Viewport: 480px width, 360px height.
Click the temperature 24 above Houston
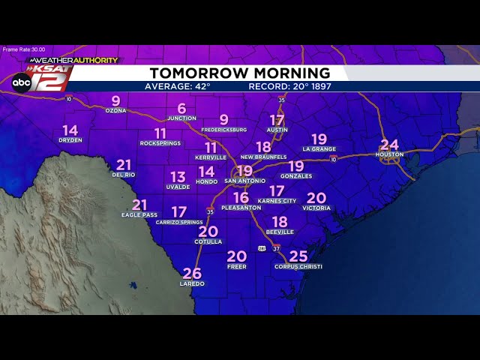[x=389, y=145]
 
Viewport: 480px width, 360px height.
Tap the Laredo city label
[x=192, y=284]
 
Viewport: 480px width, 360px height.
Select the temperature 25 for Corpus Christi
[x=298, y=256]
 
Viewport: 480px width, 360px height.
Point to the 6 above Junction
[x=181, y=109]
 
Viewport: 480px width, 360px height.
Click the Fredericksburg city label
[x=224, y=130]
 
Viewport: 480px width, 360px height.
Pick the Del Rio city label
[x=123, y=175]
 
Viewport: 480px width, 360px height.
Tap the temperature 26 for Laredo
[x=192, y=274]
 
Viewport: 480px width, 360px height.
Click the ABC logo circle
[x=21, y=82]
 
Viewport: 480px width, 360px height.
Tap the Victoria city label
[x=316, y=208]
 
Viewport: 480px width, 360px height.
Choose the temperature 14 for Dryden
[x=70, y=130]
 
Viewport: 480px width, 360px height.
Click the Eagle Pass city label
[x=139, y=215]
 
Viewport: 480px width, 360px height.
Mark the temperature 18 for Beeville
[x=280, y=222]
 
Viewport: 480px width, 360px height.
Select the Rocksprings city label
[x=160, y=142]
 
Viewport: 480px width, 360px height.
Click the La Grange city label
[x=319, y=149]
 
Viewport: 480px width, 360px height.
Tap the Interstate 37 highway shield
[x=276, y=248]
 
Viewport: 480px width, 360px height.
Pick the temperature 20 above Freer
[x=236, y=256]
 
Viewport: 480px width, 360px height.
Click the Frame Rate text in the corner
[x=24, y=49]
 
